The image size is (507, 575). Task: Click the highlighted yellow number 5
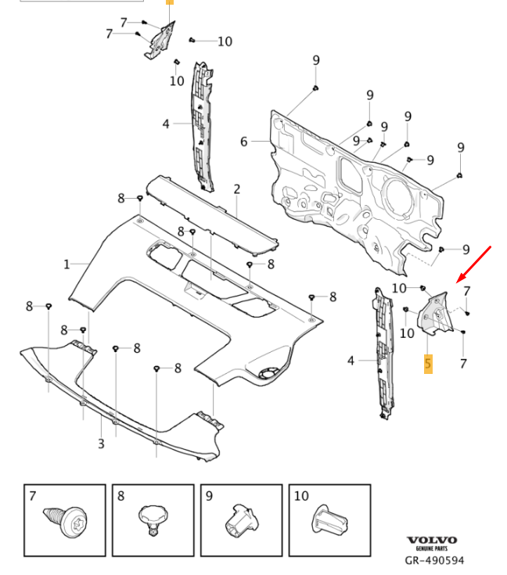[x=428, y=364]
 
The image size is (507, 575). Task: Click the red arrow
[x=475, y=264]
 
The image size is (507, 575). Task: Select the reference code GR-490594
[x=435, y=560]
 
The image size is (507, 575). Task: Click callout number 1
[x=67, y=264]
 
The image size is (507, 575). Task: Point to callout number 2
[x=236, y=189]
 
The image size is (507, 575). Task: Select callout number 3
[x=101, y=444]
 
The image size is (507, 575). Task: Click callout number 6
[x=244, y=142]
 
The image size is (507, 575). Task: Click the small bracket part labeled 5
[x=433, y=315]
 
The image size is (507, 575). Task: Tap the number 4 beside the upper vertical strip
[x=166, y=124]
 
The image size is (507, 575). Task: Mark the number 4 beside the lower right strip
[x=351, y=361]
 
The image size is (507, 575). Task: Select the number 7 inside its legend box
[x=32, y=495]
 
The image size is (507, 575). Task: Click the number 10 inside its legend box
[x=301, y=495]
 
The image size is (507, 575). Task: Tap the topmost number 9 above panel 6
[x=316, y=60]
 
